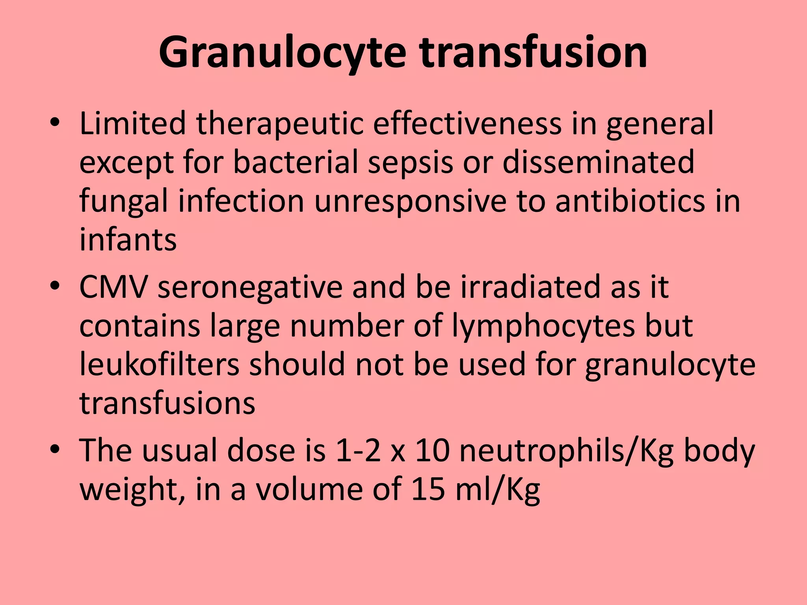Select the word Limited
pyautogui.click(x=132, y=123)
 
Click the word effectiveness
pyautogui.click(x=467, y=123)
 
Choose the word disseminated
pyautogui.click(x=598, y=162)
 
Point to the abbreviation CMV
pyautogui.click(x=114, y=287)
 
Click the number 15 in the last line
pyautogui.click(x=428, y=489)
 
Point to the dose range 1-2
pyautogui.click(x=358, y=450)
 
